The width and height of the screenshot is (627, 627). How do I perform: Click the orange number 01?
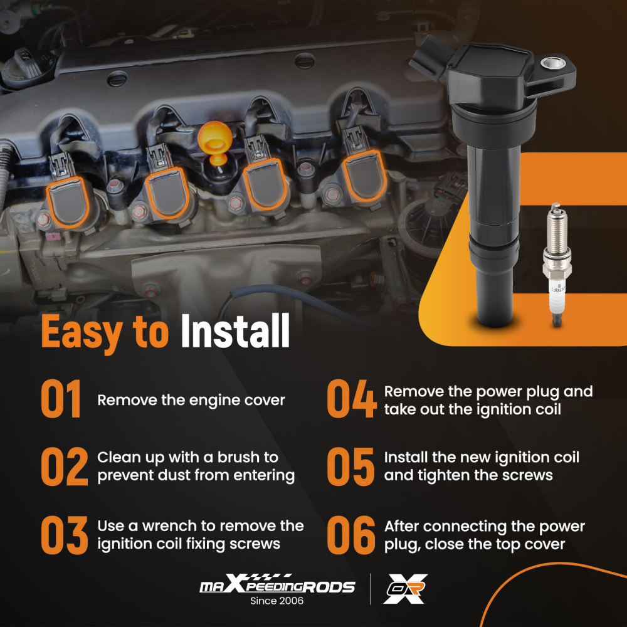click(61, 399)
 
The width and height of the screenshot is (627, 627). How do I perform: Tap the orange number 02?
click(65, 466)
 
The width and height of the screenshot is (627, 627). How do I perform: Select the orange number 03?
click(65, 535)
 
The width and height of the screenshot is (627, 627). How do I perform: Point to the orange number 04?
click(352, 399)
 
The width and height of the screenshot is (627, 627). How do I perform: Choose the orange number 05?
click(350, 466)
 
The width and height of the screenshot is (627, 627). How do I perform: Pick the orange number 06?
click(351, 535)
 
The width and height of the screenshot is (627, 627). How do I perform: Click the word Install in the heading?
click(235, 330)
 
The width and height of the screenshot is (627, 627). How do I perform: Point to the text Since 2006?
click(277, 601)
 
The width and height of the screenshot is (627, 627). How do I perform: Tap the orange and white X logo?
click(406, 589)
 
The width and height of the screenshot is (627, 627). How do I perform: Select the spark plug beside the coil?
click(556, 265)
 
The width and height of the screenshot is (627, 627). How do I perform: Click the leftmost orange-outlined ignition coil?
click(67, 202)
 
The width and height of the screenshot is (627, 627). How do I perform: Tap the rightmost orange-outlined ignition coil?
click(364, 176)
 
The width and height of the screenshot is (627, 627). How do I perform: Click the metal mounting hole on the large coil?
click(553, 63)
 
